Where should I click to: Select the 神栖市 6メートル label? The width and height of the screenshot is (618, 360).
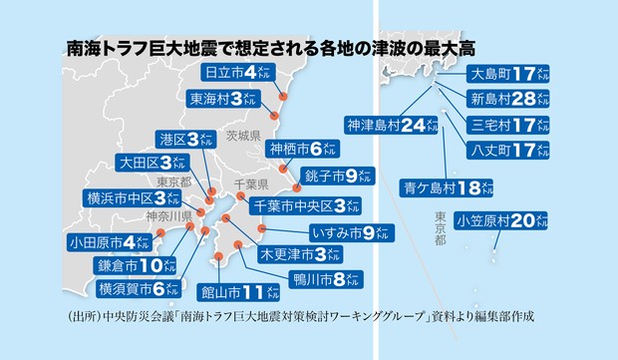tap(302, 150)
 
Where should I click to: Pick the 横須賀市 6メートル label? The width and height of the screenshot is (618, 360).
tap(138, 289)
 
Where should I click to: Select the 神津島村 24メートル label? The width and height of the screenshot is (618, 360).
tap(392, 125)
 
